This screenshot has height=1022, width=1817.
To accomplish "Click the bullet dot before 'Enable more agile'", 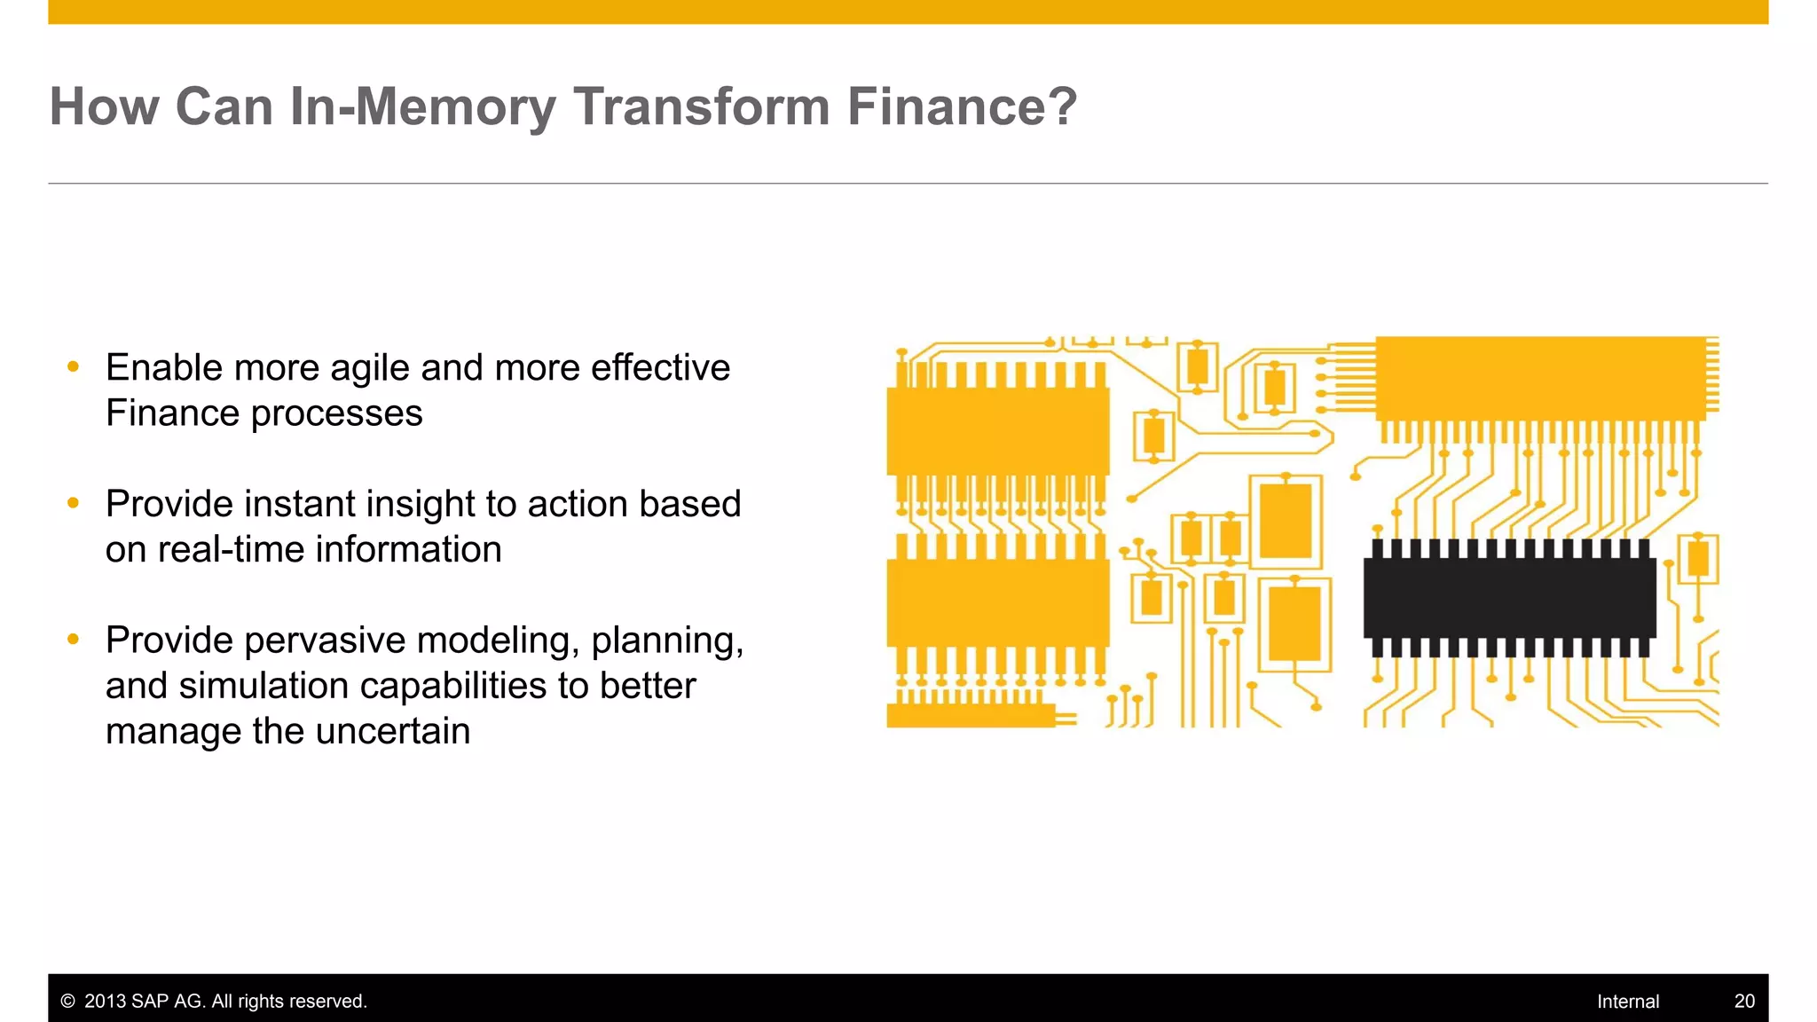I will pyautogui.click(x=74, y=366).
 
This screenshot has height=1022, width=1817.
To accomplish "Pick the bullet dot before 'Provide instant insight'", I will pyautogui.click(x=74, y=503).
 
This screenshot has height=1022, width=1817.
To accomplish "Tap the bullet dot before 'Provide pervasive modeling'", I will pyautogui.click(x=74, y=639).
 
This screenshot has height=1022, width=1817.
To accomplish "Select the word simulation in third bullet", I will pyautogui.click(x=264, y=686).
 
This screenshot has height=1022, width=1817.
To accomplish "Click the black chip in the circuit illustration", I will pyautogui.click(x=1508, y=597).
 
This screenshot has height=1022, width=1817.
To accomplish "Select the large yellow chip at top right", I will pyautogui.click(x=1540, y=378).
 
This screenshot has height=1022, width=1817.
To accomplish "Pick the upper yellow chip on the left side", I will pyautogui.click(x=997, y=430).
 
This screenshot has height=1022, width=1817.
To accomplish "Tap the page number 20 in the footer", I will pyautogui.click(x=1744, y=1002).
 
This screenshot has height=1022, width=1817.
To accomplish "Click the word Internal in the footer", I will pyautogui.click(x=1627, y=1002).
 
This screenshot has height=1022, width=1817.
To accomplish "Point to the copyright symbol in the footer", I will pyautogui.click(x=67, y=1002).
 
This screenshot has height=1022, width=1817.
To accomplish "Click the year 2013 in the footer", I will pyautogui.click(x=105, y=1002).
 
